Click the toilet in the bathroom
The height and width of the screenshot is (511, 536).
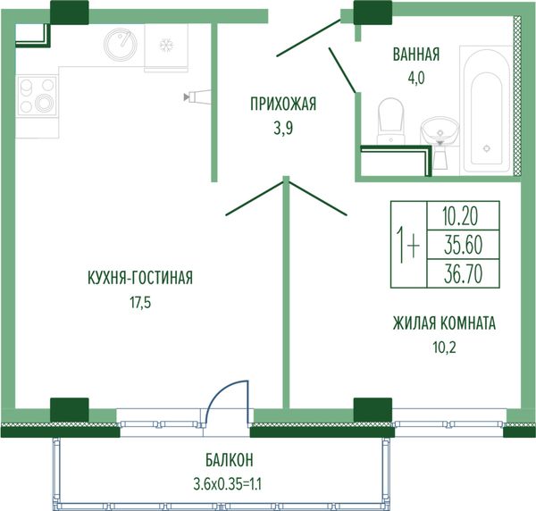point(390,121)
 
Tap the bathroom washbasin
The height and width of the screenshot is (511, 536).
point(440,130)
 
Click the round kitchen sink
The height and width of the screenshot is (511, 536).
point(121,43)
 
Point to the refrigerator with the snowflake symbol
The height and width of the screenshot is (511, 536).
point(166,47)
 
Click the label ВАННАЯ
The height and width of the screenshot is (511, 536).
point(416,55)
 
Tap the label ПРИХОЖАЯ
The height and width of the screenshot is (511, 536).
point(283,105)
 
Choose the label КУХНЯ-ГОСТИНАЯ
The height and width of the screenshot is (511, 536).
point(140,278)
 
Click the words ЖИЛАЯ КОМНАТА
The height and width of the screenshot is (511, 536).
point(444,323)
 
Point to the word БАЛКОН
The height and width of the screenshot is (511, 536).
point(230,460)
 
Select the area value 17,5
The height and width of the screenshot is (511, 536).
point(140,303)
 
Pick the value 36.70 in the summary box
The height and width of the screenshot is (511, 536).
point(463,274)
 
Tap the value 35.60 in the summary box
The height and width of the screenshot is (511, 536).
point(463,245)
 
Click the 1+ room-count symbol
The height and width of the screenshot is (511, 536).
point(408,245)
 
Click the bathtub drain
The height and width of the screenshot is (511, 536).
point(487,148)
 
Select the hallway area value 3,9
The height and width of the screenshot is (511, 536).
point(283,129)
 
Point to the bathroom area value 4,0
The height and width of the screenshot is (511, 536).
point(416,79)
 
